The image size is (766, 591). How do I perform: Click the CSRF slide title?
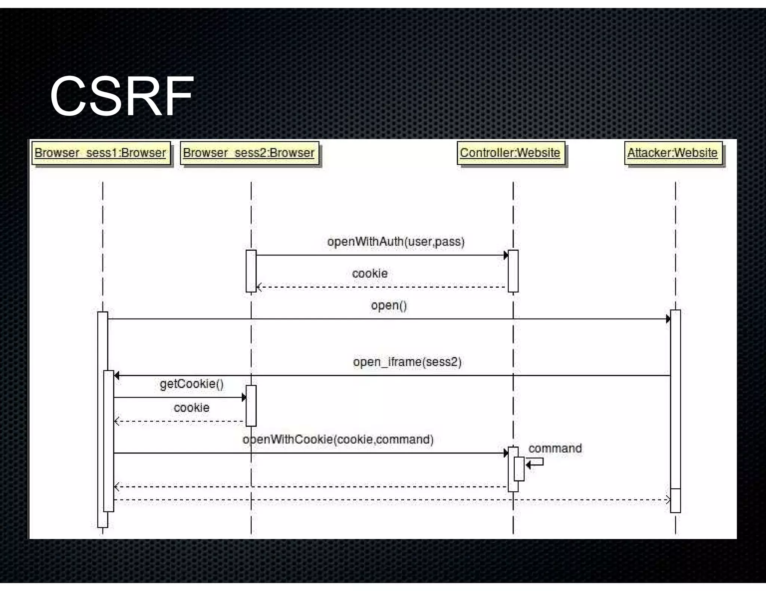click(x=122, y=96)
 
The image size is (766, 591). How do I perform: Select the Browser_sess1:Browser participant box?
click(x=101, y=153)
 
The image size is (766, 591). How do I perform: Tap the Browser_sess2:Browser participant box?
click(x=249, y=153)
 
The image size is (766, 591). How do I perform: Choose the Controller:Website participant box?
click(x=510, y=153)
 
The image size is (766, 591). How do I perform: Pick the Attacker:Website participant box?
click(x=672, y=153)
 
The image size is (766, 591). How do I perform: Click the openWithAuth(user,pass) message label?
click(x=396, y=242)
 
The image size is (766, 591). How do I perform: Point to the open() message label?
click(x=389, y=306)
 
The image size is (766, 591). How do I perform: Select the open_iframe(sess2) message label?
click(x=407, y=362)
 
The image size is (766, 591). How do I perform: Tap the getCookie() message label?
click(x=191, y=384)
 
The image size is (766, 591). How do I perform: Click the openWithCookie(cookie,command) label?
click(x=338, y=439)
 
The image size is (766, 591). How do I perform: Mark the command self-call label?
click(x=555, y=448)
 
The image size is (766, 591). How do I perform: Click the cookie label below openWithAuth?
click(x=370, y=273)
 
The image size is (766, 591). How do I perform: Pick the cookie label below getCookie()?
click(x=191, y=408)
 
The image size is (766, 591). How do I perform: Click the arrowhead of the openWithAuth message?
click(x=506, y=256)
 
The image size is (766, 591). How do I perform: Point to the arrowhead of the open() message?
click(x=668, y=319)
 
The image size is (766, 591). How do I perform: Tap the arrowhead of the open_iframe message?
click(x=117, y=375)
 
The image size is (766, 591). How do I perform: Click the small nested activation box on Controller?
click(x=519, y=469)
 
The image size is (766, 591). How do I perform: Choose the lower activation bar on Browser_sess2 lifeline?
click(x=251, y=406)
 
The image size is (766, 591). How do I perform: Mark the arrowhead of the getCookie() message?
click(x=244, y=397)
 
